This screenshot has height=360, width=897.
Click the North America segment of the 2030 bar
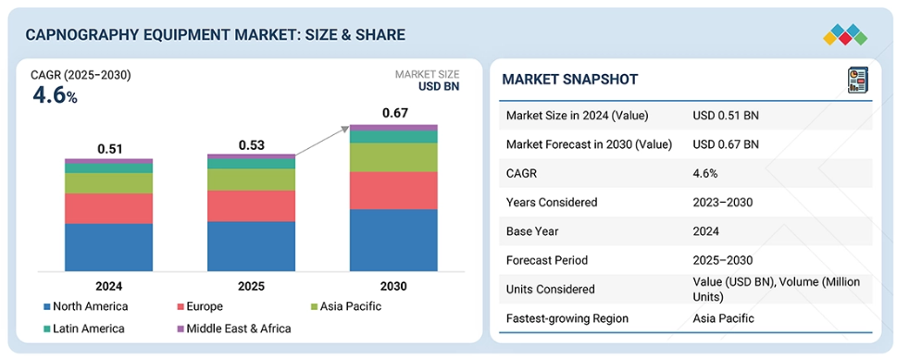(393, 240)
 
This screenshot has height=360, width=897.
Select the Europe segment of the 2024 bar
(108, 208)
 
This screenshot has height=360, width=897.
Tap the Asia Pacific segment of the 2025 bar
(251, 180)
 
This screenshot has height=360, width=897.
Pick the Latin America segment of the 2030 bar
(393, 137)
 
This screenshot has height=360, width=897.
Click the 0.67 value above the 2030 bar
(394, 113)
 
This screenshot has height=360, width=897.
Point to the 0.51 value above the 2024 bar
(110, 149)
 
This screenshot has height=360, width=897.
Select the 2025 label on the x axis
(252, 286)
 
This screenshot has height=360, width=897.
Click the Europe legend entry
(200, 306)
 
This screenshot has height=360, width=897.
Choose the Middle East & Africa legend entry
(234, 329)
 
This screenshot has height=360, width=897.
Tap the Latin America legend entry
(84, 329)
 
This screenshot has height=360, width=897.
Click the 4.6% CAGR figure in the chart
(55, 95)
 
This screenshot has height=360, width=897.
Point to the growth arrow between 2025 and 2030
(322, 141)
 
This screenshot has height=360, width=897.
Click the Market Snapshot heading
(570, 80)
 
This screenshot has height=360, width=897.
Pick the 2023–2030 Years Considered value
(722, 202)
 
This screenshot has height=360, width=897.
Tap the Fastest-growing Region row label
(567, 318)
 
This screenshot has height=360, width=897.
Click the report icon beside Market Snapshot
(857, 80)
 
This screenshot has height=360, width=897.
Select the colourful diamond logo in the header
(845, 35)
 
